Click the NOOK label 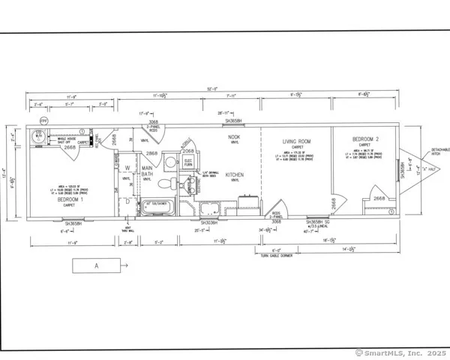tap(234, 137)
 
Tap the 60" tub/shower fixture tap(158, 204)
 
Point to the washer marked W tap(127, 168)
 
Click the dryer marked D tap(127, 201)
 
